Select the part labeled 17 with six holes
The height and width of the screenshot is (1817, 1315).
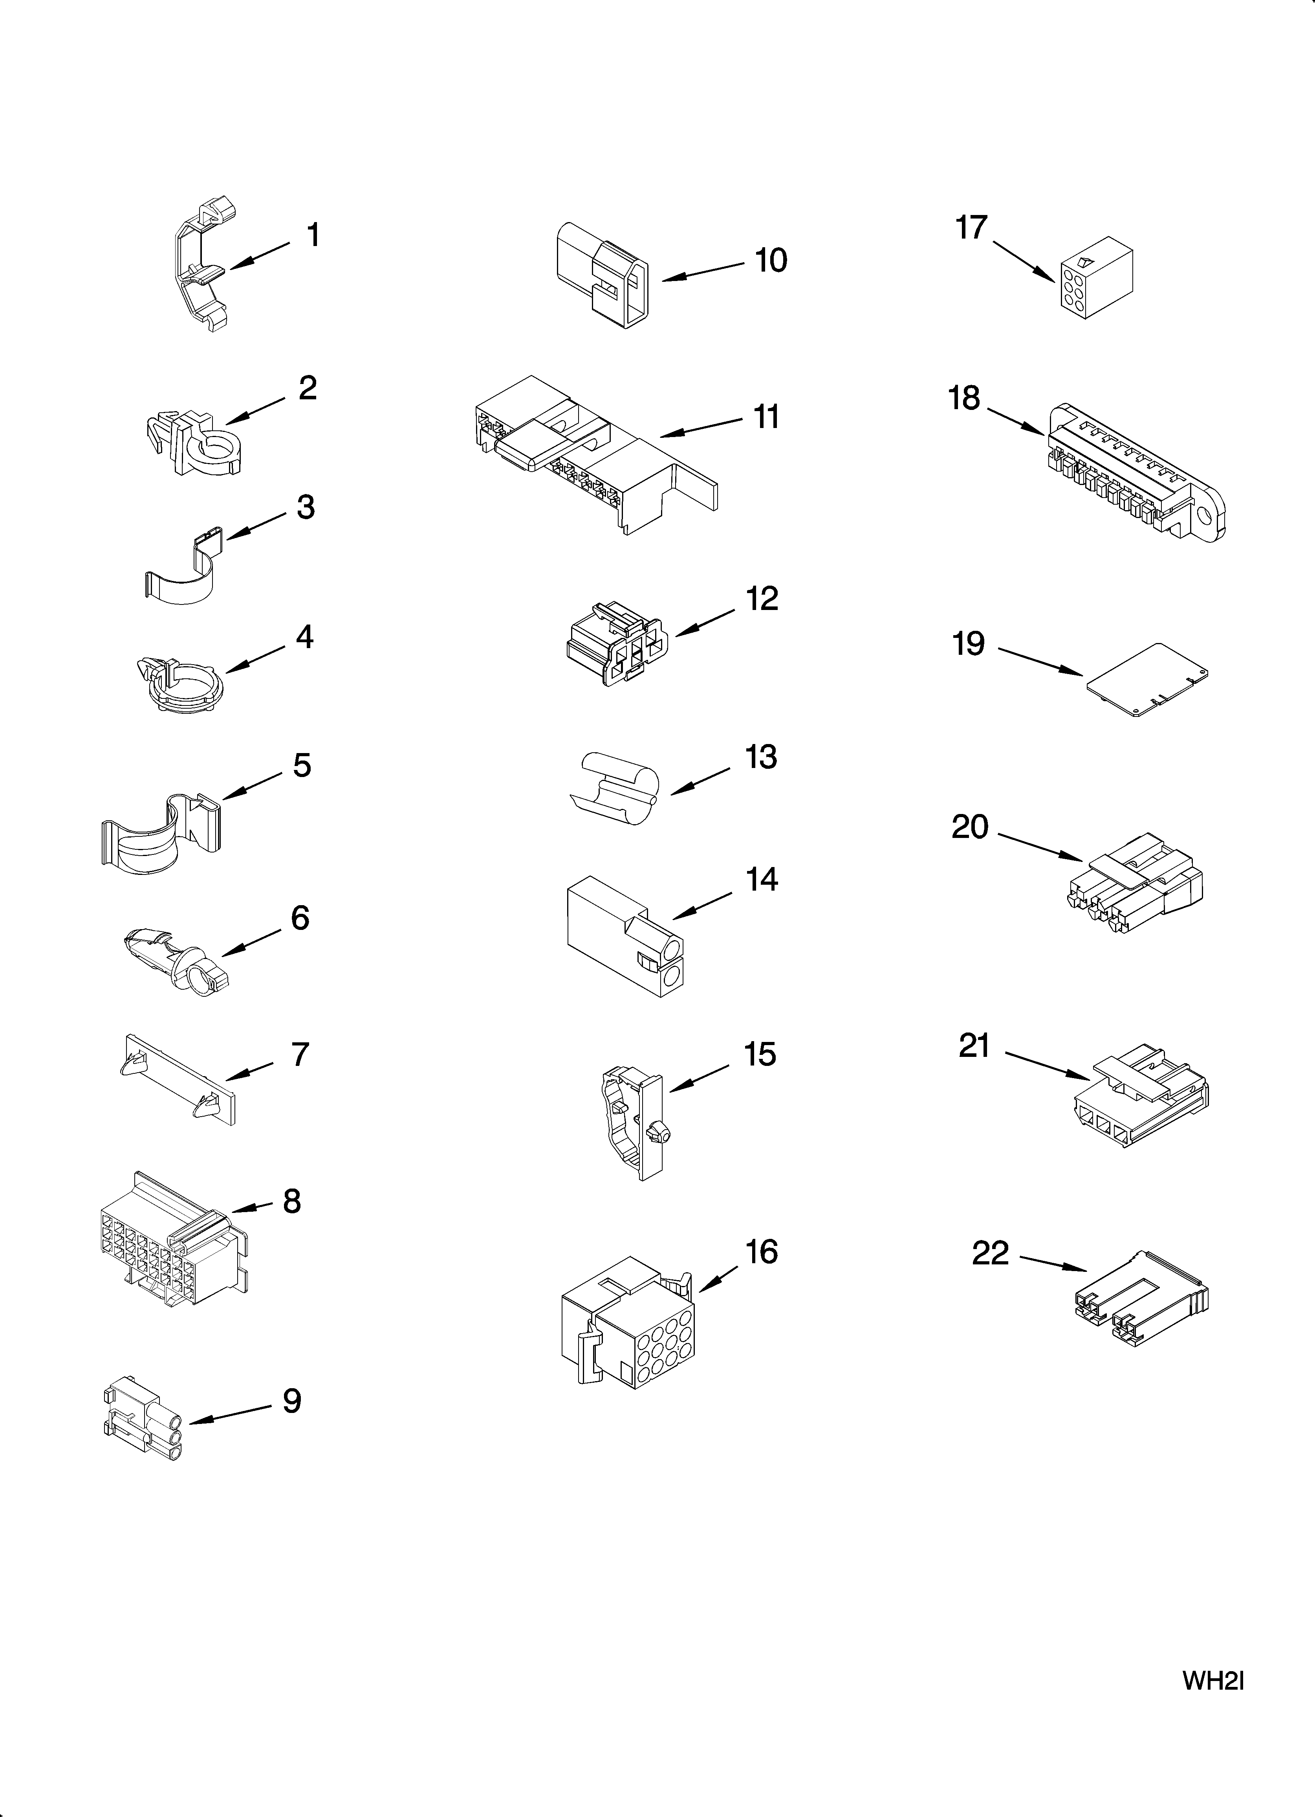tap(1095, 277)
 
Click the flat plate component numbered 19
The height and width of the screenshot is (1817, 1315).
tap(1147, 678)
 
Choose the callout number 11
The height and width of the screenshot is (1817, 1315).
tap(766, 417)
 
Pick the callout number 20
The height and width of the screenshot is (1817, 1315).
tap(970, 827)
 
